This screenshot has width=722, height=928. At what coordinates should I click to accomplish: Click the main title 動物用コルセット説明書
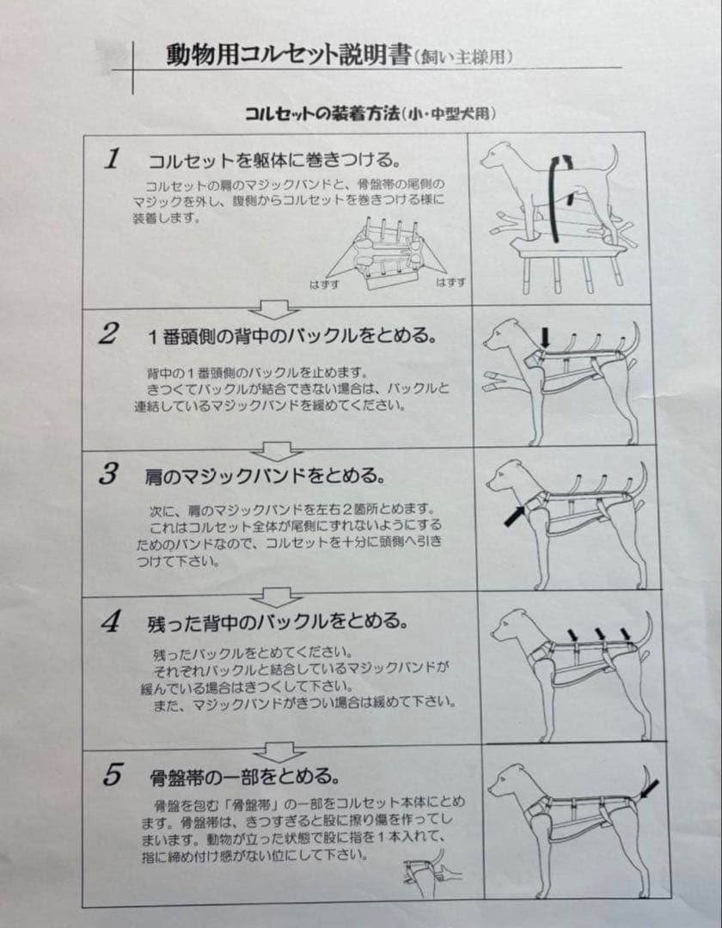coord(287,56)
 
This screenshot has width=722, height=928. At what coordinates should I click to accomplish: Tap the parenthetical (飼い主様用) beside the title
coord(464,58)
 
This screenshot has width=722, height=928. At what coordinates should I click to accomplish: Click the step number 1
coord(112,159)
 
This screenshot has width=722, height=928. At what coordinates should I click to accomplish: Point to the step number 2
coord(108,334)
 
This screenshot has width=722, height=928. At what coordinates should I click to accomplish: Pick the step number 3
coord(108,474)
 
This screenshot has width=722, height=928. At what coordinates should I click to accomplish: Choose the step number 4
coord(109,623)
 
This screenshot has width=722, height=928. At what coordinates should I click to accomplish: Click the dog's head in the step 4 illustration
coord(511,624)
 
